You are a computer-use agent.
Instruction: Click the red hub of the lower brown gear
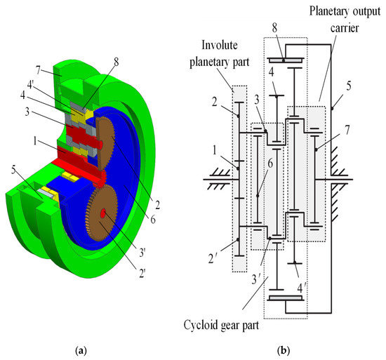click(103, 213)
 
